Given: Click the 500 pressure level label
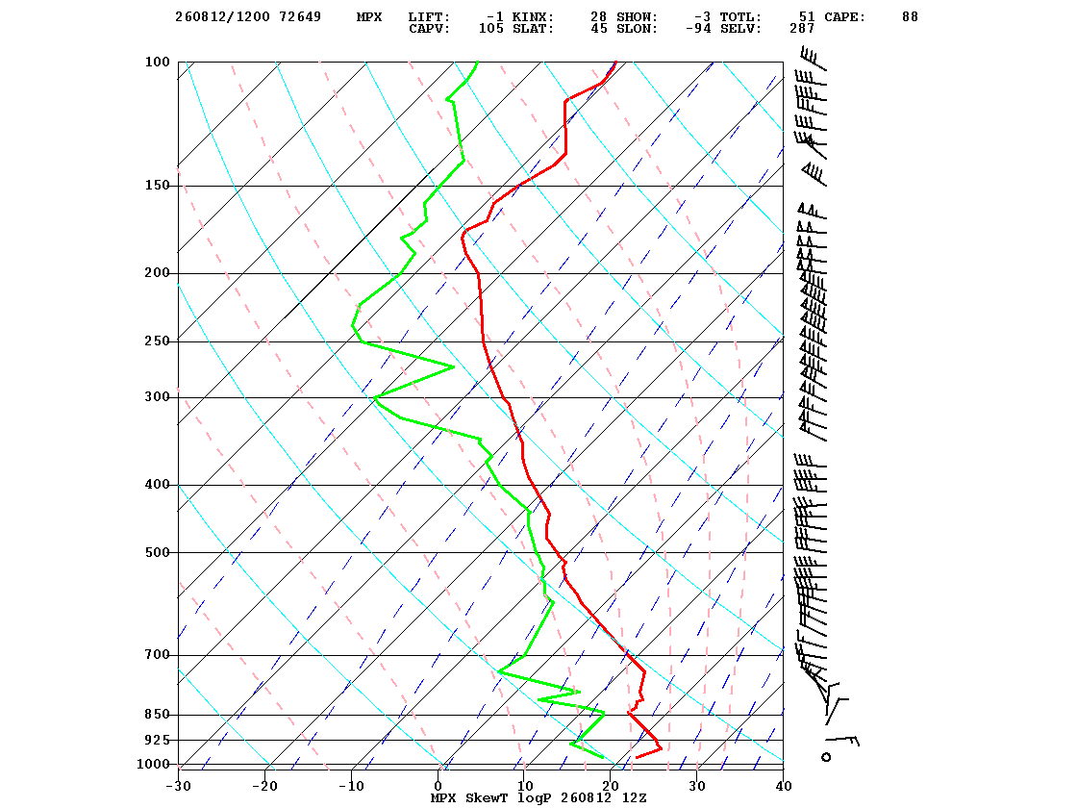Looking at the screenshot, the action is pos(157,552).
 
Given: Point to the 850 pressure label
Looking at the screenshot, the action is pos(157,715).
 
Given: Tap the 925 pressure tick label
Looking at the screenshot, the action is pos(157,740).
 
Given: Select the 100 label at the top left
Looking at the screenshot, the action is pos(157,62).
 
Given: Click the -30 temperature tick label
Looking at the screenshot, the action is pos(178,786).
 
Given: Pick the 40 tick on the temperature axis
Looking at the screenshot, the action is pos(783,786).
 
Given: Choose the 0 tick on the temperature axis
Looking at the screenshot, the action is pos(438,786).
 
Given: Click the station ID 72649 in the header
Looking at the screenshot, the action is pos(299,16).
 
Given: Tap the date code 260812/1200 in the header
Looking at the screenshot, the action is pos(222,16).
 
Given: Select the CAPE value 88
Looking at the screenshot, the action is pos(910,16).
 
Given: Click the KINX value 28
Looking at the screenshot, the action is pos(598,16).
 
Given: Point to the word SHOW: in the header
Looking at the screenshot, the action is pos(637,16).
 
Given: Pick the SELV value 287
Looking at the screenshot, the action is pos(802,28).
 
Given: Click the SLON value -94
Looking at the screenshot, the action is pos(698,28).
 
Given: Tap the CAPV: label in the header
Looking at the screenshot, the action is pos(429,28).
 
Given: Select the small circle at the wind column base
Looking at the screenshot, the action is pos(826,757).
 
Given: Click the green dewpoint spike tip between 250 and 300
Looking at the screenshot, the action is pos(453,366).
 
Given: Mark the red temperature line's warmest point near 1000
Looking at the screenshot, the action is pos(661,748).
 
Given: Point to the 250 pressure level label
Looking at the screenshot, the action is pos(157,341).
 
